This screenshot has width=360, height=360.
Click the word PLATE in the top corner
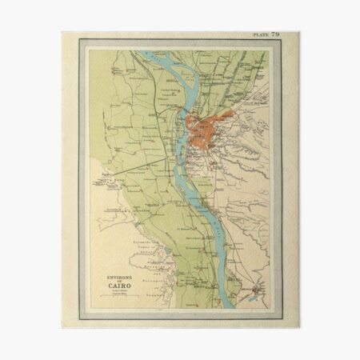[261, 35]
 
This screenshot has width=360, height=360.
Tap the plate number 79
[275, 35]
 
